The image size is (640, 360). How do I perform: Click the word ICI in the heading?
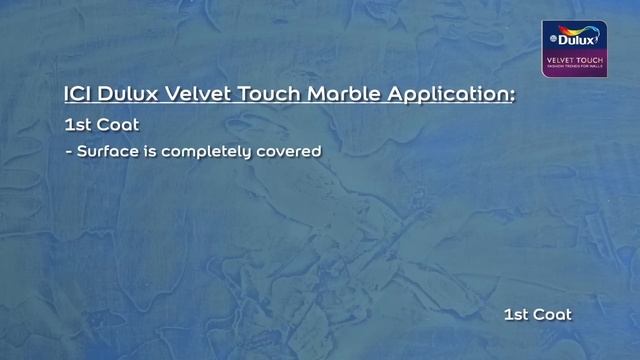click(x=77, y=94)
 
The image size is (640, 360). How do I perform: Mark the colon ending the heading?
click(x=513, y=96)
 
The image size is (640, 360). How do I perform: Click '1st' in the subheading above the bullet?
click(x=77, y=127)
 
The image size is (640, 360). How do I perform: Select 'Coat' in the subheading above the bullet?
click(x=119, y=127)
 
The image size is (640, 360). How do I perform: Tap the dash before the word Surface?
click(x=67, y=153)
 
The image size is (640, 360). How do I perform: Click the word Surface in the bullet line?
click(x=105, y=153)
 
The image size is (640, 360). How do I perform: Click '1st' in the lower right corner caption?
click(x=516, y=314)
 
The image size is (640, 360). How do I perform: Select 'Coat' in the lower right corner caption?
click(x=553, y=314)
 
